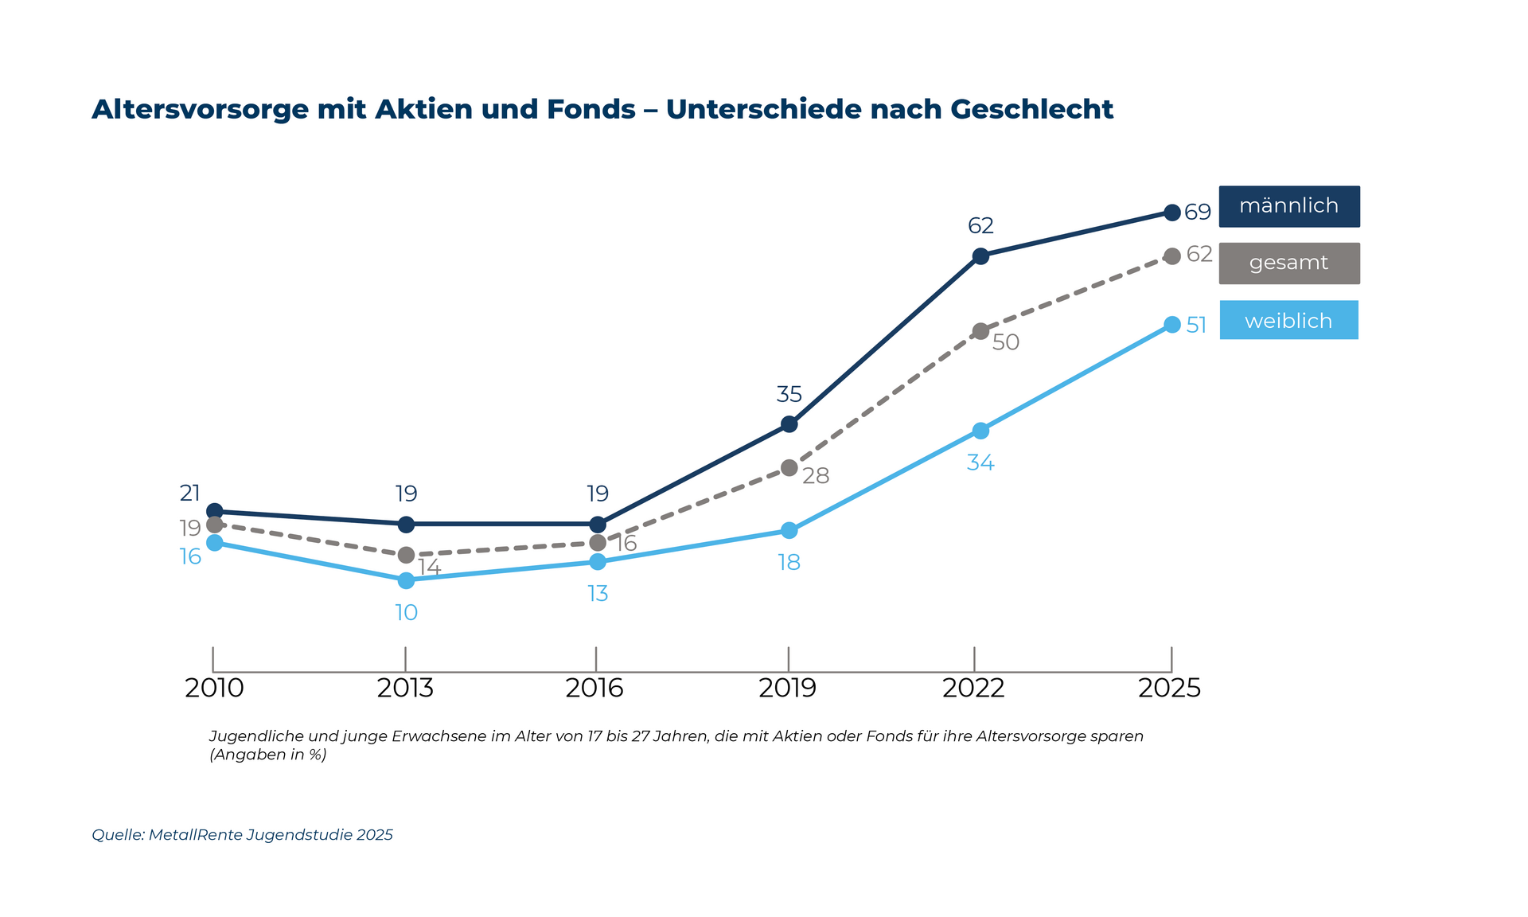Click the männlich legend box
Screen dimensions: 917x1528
pos(1288,206)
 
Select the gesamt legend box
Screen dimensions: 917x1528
pos(1288,263)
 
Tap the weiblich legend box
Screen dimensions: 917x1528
pos(1288,320)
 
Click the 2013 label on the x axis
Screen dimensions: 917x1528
pos(405,688)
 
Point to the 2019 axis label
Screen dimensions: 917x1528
pos(787,688)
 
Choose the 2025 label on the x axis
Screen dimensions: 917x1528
pos(1169,688)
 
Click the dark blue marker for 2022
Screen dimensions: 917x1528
pos(980,256)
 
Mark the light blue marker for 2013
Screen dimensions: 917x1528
pos(406,580)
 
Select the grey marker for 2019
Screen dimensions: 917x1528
pos(789,468)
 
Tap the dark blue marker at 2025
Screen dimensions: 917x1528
pos(1171,213)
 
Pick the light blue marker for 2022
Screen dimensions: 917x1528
pos(980,431)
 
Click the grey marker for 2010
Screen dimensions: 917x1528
pos(214,525)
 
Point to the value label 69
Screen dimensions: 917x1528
pos(1198,213)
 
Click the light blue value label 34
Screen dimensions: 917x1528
pos(980,462)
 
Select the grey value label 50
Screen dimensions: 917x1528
pos(1006,342)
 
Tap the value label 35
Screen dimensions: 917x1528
pos(789,394)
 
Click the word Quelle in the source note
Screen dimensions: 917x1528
pos(117,835)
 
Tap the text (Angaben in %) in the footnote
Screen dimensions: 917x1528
pos(268,755)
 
